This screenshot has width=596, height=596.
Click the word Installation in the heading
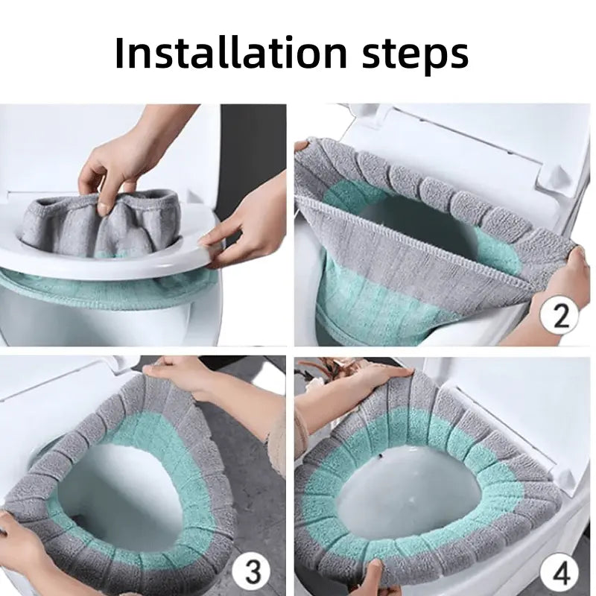click(231, 53)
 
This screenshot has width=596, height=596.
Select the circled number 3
click(253, 572)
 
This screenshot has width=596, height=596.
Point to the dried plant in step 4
click(328, 369)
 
